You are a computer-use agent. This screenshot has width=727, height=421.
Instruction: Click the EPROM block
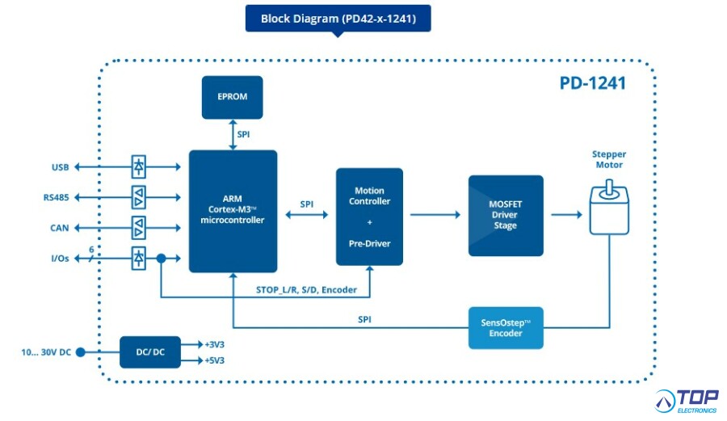[x=233, y=97]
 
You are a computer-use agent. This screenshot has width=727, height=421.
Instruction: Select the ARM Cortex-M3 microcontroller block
[x=233, y=211]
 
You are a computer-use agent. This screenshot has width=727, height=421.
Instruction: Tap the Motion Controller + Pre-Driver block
[x=369, y=217]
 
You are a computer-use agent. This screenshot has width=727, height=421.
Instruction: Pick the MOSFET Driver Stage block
[x=506, y=216]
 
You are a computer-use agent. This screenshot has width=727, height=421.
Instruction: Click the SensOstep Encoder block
[x=506, y=328]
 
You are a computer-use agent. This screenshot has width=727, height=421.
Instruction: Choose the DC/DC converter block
[x=150, y=352]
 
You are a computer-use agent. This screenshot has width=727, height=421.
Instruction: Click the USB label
[x=61, y=167]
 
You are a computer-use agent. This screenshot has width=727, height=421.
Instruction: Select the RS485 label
[x=56, y=197]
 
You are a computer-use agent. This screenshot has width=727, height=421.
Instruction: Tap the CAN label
[x=59, y=228]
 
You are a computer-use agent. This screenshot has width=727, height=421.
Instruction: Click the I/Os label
[x=60, y=259]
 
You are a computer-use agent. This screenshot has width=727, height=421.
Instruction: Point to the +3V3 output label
[x=214, y=344]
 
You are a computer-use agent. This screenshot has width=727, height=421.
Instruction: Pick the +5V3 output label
[x=214, y=360]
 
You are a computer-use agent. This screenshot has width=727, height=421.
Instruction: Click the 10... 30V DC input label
[x=46, y=352]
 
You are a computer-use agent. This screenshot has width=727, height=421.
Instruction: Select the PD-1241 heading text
[x=593, y=83]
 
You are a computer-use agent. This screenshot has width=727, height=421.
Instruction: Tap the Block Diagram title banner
[x=338, y=19]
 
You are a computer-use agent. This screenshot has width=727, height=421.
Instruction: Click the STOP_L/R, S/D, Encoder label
[x=306, y=290]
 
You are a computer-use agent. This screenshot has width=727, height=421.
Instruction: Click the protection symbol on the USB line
[x=139, y=167]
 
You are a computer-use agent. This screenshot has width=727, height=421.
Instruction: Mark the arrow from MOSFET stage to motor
[x=566, y=215]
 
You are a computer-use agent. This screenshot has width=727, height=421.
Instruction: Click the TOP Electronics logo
[x=687, y=402]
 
